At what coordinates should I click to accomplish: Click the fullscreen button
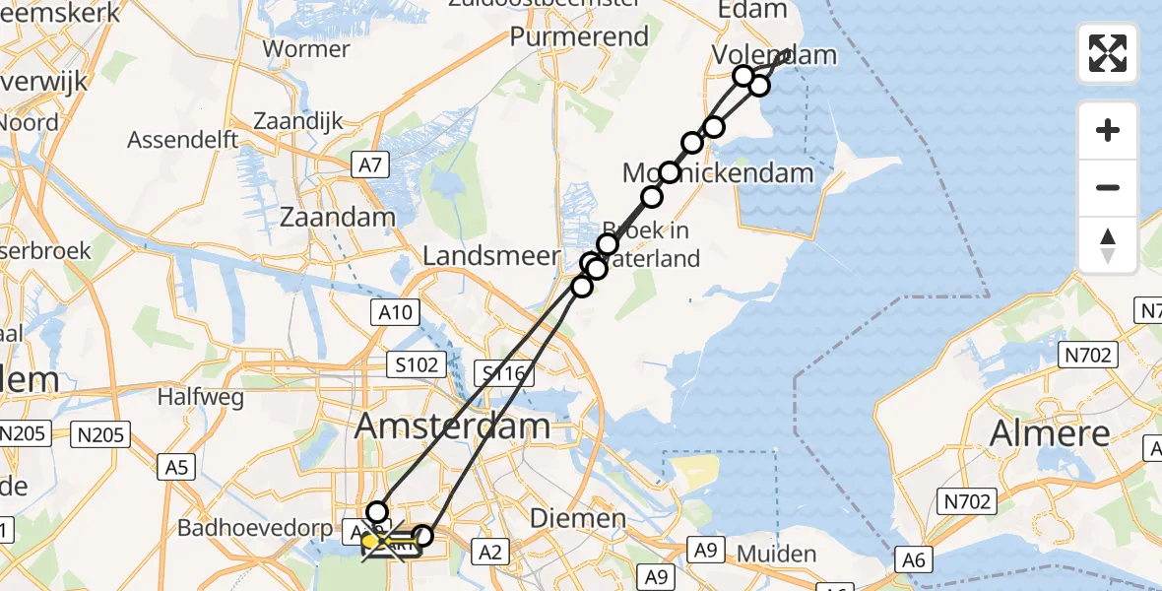click(1108, 53)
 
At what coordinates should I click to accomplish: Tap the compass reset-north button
click(1108, 245)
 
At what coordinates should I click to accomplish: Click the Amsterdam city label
click(452, 426)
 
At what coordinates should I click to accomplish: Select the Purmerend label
click(579, 37)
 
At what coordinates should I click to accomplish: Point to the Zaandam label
click(337, 217)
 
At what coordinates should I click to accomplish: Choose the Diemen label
click(577, 518)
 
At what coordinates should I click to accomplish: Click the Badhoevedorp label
click(255, 528)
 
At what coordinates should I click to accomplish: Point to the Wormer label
click(306, 48)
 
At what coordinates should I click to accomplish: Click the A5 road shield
click(176, 467)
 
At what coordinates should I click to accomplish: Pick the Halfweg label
click(194, 398)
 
